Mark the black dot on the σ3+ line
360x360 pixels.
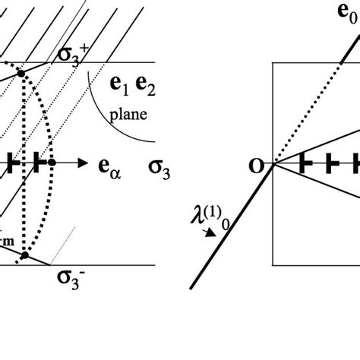(21, 73)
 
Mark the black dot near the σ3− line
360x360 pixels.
(24, 256)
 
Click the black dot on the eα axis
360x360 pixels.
(52, 163)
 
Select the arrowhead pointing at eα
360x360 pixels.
(83, 163)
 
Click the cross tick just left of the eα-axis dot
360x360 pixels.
(36, 163)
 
